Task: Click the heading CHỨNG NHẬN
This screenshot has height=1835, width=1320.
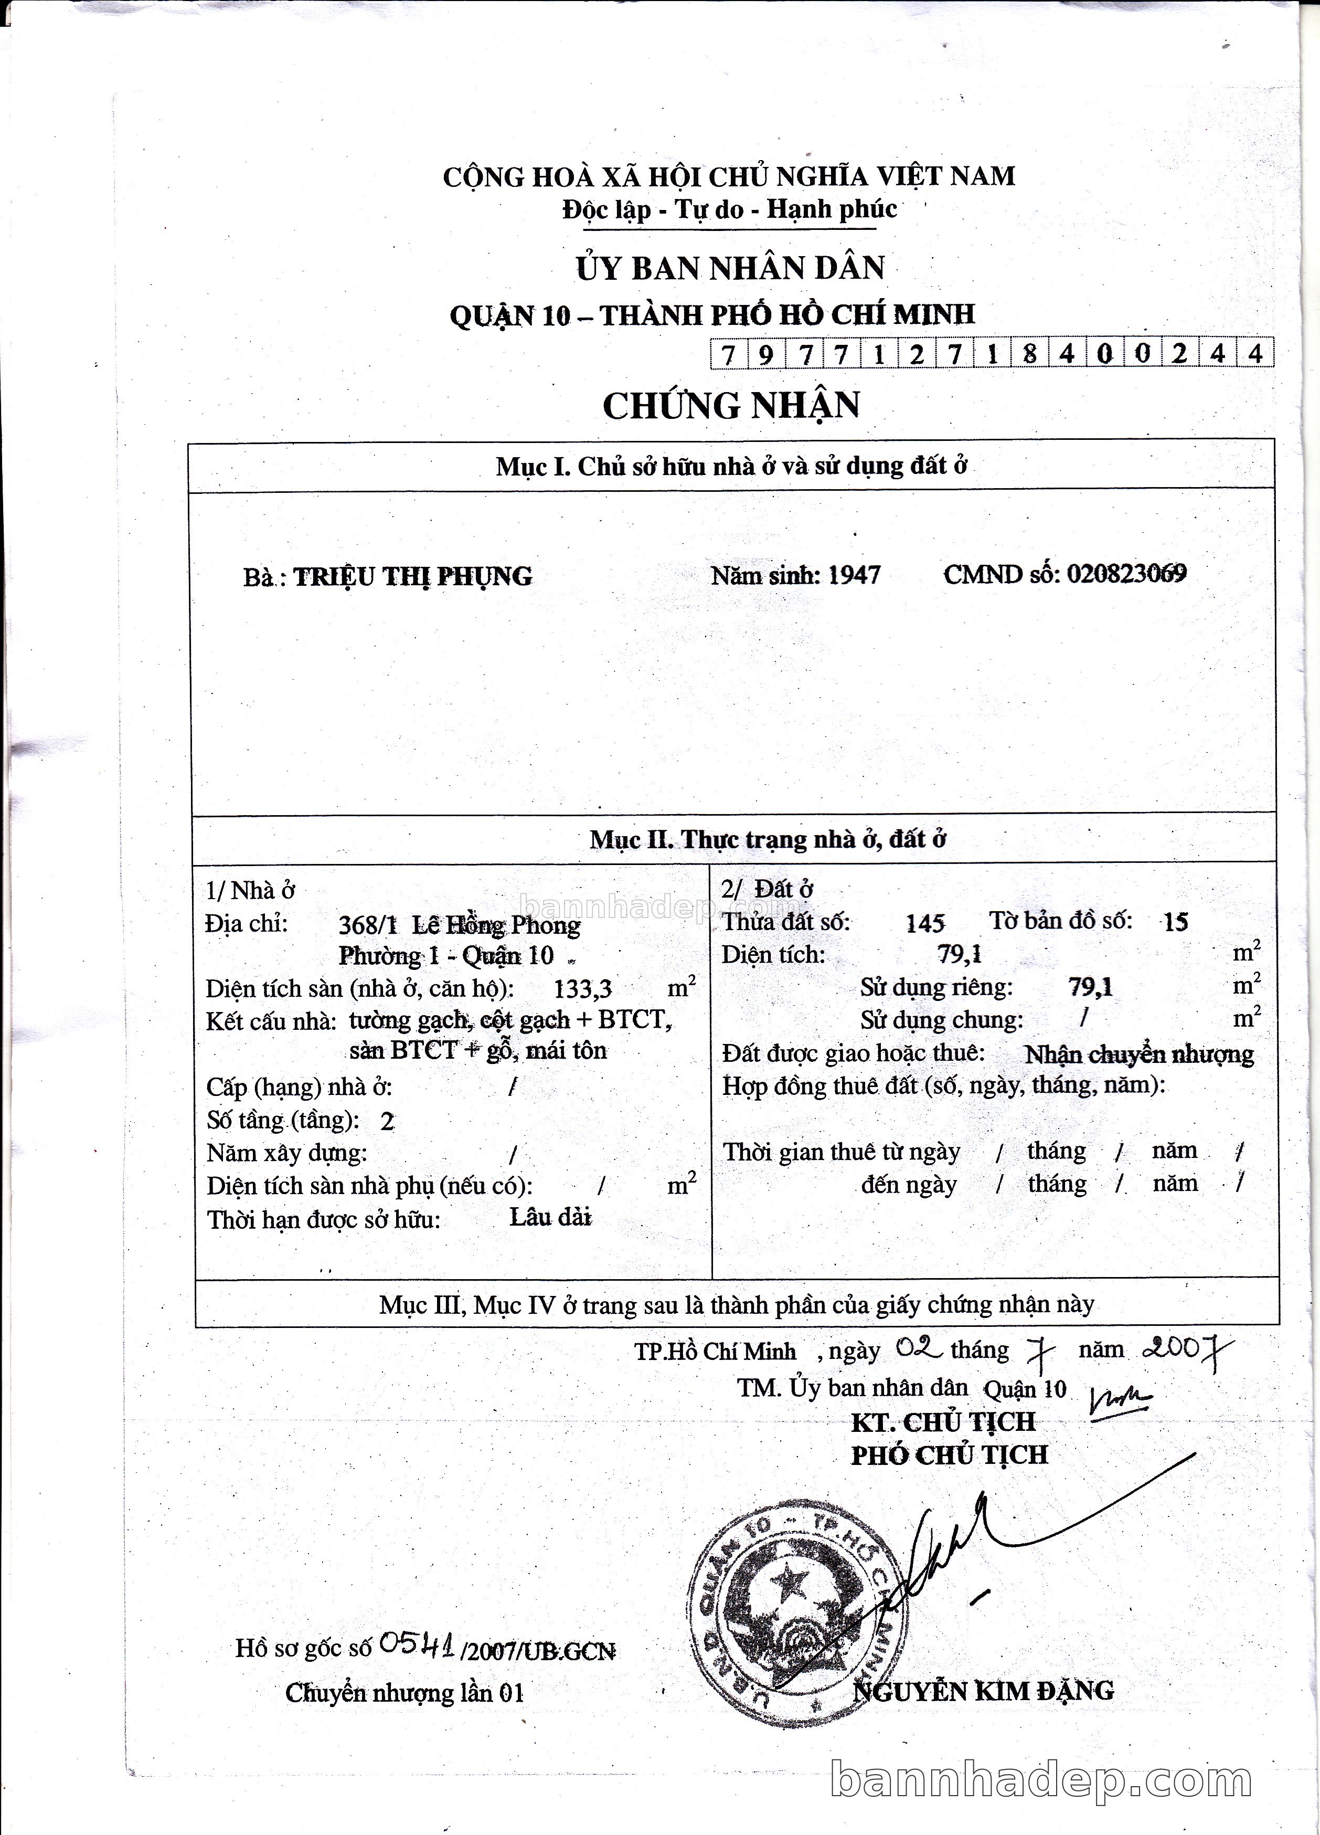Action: tap(731, 405)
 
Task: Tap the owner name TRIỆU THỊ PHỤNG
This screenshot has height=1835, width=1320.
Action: tap(412, 576)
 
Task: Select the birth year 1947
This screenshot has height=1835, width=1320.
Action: tap(854, 574)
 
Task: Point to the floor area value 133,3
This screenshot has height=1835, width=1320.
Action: tap(582, 988)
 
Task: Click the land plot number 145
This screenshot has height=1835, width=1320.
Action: tap(925, 922)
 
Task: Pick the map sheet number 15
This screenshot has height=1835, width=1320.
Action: tap(1175, 922)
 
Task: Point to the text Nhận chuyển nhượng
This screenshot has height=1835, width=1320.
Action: tap(1139, 1054)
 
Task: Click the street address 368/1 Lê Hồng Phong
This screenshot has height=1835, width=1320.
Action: tap(460, 925)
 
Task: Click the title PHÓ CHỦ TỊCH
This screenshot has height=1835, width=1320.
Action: tap(949, 1455)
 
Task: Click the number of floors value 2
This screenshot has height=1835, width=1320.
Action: tap(387, 1121)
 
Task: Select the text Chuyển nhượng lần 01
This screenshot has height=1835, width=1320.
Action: tap(404, 1693)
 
